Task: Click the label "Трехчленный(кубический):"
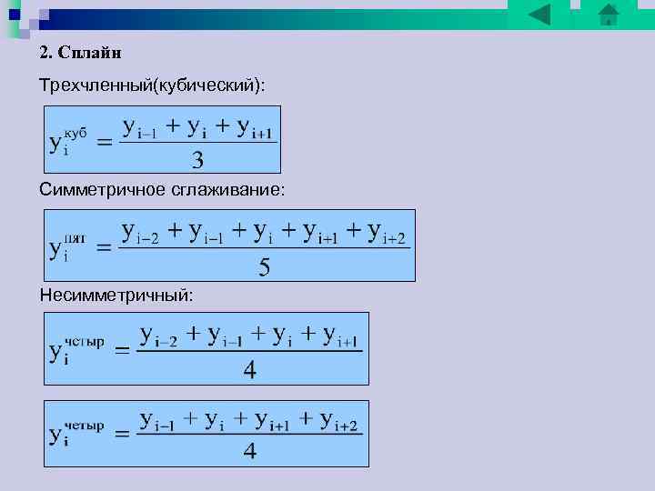[x=153, y=85]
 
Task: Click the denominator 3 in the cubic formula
[x=197, y=160]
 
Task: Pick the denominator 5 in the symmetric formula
[x=265, y=266]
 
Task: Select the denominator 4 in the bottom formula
[x=249, y=450]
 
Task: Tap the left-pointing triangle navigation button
[x=539, y=14]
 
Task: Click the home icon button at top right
[x=609, y=14]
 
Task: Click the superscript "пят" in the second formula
[x=76, y=239]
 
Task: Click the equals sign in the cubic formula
[x=105, y=143]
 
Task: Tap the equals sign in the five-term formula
[x=105, y=246]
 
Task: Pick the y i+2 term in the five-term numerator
[x=386, y=233]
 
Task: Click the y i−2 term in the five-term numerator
[x=140, y=233]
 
